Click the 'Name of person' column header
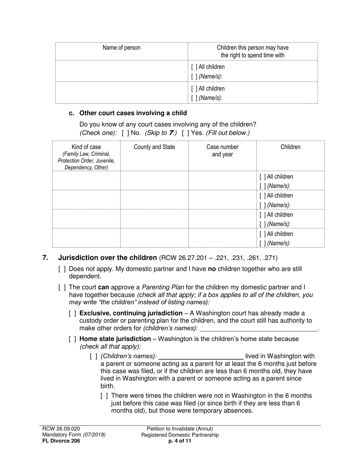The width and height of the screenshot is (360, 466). pos(121,48)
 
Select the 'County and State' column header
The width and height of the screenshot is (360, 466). pos(154,147)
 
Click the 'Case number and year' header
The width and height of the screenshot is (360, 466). pos(222,150)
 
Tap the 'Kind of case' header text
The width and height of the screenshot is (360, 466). pos(86,147)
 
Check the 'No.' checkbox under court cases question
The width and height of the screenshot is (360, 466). pos(125,133)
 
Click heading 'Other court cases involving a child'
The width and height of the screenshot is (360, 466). pos(133,113)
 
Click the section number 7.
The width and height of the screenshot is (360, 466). pos(45,258)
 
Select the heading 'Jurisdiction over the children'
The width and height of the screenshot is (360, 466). pos(107,258)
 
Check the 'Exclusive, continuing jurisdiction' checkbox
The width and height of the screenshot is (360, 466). pos(73,313)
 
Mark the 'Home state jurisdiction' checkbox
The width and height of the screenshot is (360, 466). pos(73,339)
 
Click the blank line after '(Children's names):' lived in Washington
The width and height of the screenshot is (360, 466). pos(201,357)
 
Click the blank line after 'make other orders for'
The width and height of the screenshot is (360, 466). pos(258,328)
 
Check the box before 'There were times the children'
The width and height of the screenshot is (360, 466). pos(105,396)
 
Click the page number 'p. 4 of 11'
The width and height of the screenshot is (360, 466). pos(180,441)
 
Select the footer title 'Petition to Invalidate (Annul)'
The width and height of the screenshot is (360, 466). pos(180,428)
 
